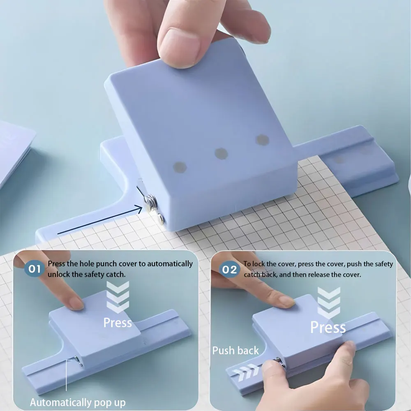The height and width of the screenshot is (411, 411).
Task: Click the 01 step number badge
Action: click(34, 270)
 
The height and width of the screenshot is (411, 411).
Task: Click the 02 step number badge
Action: click(229, 270)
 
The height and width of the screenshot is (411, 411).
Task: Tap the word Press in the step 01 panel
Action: click(118, 323)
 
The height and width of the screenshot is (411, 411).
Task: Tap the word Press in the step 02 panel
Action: click(328, 328)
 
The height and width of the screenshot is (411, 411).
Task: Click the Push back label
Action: click(236, 351)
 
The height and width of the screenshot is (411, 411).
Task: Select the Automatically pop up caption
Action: click(78, 402)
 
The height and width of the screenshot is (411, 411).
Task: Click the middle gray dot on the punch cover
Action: click(221, 154)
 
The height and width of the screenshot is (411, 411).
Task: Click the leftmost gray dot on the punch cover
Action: click(180, 166)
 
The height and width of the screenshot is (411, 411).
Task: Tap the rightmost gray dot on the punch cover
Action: click(262, 140)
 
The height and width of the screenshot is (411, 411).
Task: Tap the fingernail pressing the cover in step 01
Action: click(76, 303)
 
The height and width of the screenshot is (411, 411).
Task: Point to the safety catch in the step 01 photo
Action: click(77, 361)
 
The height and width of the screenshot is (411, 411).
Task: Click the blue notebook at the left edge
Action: click(14, 152)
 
